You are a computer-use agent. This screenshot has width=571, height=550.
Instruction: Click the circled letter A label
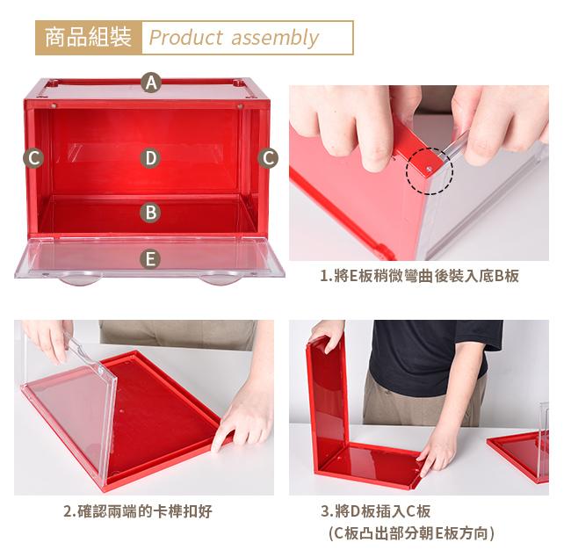coord(151,83)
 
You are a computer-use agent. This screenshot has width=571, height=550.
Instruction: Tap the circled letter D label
coord(150,158)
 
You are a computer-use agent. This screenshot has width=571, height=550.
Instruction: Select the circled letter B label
coord(150,213)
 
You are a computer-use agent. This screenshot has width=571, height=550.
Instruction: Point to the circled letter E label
coord(150,259)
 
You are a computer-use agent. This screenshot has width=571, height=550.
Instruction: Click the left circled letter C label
coord(33,158)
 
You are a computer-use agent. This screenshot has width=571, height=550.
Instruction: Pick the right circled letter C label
coord(268,158)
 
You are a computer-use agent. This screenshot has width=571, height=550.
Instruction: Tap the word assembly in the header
coord(275,38)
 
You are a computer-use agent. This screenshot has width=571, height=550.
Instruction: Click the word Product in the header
coord(185,38)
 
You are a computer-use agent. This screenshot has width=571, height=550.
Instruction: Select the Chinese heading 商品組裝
coord(88,38)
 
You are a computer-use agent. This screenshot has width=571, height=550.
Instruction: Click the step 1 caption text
coord(420,276)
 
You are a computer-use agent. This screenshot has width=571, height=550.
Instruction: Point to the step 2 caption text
coord(138,511)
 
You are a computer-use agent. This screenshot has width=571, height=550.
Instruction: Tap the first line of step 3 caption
coord(375,511)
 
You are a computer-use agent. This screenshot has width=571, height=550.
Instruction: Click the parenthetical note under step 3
coord(411,533)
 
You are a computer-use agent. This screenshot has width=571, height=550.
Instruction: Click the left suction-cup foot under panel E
coord(78,279)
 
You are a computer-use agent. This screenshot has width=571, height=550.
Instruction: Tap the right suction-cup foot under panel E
coord(220,279)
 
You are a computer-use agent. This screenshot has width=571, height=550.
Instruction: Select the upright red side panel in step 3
coord(326,401)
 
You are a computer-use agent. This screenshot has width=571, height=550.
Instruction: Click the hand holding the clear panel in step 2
coord(49,341)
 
